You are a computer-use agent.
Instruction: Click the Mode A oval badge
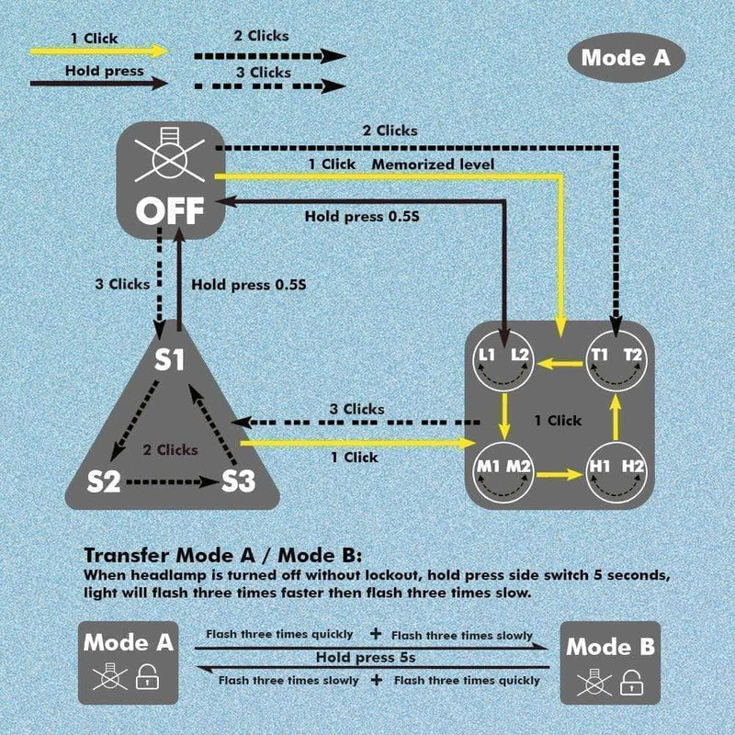[x=626, y=57]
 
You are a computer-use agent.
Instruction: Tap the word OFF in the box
[x=172, y=210]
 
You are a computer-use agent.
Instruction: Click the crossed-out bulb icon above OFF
[x=172, y=159]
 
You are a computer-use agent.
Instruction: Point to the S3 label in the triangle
[x=237, y=481]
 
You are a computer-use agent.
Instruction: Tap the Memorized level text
[x=433, y=164]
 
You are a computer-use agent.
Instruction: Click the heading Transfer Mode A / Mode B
[x=223, y=556]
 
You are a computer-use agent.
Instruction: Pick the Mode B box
[x=610, y=661]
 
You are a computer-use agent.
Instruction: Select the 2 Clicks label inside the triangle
[x=170, y=450]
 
